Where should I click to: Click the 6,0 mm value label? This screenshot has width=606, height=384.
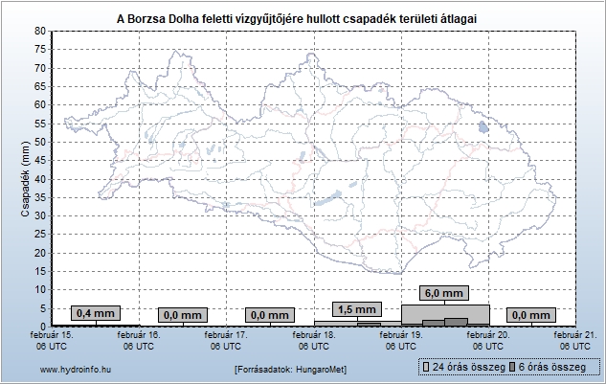(x=444, y=293)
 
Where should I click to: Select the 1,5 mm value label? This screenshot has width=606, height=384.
(x=357, y=309)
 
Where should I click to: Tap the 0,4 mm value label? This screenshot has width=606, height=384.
(x=95, y=313)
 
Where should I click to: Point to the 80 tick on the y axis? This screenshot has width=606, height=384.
(x=40, y=31)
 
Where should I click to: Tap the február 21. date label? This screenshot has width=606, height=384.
(x=575, y=340)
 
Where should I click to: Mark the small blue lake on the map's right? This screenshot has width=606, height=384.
(x=483, y=126)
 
